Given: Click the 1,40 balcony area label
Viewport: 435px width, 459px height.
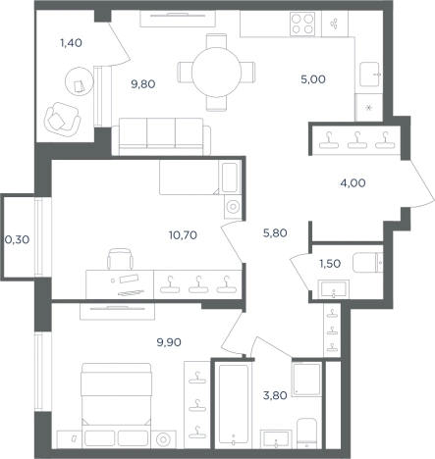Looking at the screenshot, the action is [x=71, y=43].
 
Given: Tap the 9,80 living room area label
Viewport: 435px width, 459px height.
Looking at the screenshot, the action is [x=143, y=84].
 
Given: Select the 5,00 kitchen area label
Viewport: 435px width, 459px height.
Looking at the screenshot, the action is [x=313, y=79].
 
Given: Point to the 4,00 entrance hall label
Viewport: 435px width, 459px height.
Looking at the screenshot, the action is [x=353, y=183].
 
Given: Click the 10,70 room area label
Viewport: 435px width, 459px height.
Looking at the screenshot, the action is [x=183, y=235].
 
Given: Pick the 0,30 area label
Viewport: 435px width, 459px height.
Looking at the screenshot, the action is [x=17, y=240].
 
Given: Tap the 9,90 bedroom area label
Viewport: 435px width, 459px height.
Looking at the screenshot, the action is [x=169, y=342].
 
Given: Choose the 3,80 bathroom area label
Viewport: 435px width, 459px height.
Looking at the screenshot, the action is [x=275, y=395].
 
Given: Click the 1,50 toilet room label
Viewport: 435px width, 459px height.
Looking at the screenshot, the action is [x=330, y=264].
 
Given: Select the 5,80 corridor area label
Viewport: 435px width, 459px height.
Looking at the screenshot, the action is [x=275, y=233].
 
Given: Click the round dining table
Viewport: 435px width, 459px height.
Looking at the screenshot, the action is [x=216, y=73].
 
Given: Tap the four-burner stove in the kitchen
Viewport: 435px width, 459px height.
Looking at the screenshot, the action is [x=302, y=24].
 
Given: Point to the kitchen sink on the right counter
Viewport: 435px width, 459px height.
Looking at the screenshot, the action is [x=369, y=75].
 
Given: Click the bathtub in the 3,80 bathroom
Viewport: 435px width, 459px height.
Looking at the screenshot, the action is [x=234, y=404].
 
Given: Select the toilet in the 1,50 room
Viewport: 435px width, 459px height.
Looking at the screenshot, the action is [x=367, y=262].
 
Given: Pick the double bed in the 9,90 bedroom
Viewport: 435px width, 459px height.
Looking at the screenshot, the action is [x=116, y=405].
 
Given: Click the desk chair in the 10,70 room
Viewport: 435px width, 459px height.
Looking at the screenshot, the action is [x=120, y=259].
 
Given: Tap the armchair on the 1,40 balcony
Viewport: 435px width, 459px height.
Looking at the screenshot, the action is [x=63, y=120].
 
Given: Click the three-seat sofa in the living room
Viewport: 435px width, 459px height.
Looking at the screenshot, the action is [x=161, y=136].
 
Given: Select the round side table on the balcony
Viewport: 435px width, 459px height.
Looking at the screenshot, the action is [x=80, y=81].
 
